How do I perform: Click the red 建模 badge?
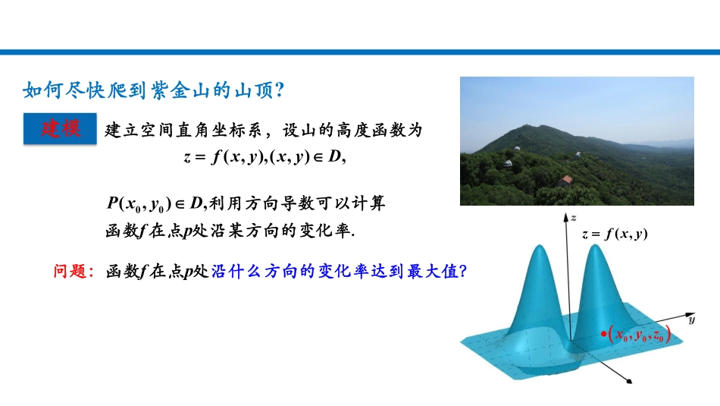click(61, 128)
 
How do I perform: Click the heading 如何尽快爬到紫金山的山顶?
click(154, 90)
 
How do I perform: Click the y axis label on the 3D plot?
click(691, 320)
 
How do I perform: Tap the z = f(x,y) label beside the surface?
click(615, 234)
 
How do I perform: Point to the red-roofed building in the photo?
click(565, 181)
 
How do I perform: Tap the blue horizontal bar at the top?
click(360, 52)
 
